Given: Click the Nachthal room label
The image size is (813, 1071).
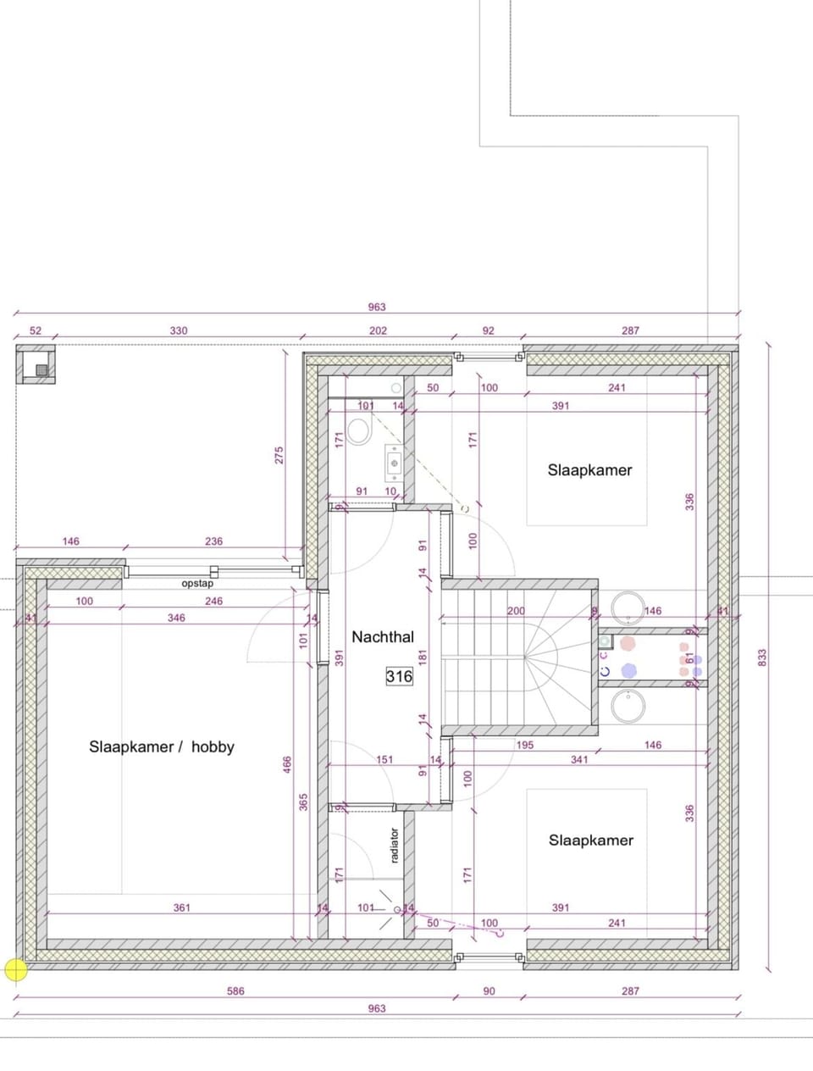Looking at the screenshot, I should [383, 636].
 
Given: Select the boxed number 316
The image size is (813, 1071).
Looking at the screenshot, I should [399, 676].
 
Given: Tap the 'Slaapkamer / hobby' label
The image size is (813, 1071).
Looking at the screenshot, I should [161, 746].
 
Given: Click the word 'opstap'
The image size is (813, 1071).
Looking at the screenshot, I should [197, 584].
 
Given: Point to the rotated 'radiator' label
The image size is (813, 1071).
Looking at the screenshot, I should [395, 846].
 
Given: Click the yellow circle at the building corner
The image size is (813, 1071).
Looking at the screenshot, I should [15, 970].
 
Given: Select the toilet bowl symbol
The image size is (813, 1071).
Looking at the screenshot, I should [359, 433].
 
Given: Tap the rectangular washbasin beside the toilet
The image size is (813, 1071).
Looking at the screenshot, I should [394, 462].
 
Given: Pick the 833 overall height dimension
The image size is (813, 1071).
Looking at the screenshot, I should [762, 657].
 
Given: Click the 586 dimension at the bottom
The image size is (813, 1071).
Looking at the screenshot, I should [235, 991].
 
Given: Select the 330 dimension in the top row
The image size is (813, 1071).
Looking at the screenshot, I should [178, 330].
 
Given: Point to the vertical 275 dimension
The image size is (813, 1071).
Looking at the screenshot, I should [279, 455].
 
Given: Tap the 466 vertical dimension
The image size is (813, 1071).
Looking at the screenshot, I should [287, 766].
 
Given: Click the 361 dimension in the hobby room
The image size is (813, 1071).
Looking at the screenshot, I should [182, 907].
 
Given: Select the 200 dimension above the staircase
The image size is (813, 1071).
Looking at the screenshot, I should [516, 611].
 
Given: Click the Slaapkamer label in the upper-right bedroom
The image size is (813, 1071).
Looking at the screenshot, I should [589, 470].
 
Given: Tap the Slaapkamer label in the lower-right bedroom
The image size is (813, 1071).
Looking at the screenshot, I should [590, 840].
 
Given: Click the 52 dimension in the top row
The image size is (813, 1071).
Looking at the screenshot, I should [36, 330].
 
